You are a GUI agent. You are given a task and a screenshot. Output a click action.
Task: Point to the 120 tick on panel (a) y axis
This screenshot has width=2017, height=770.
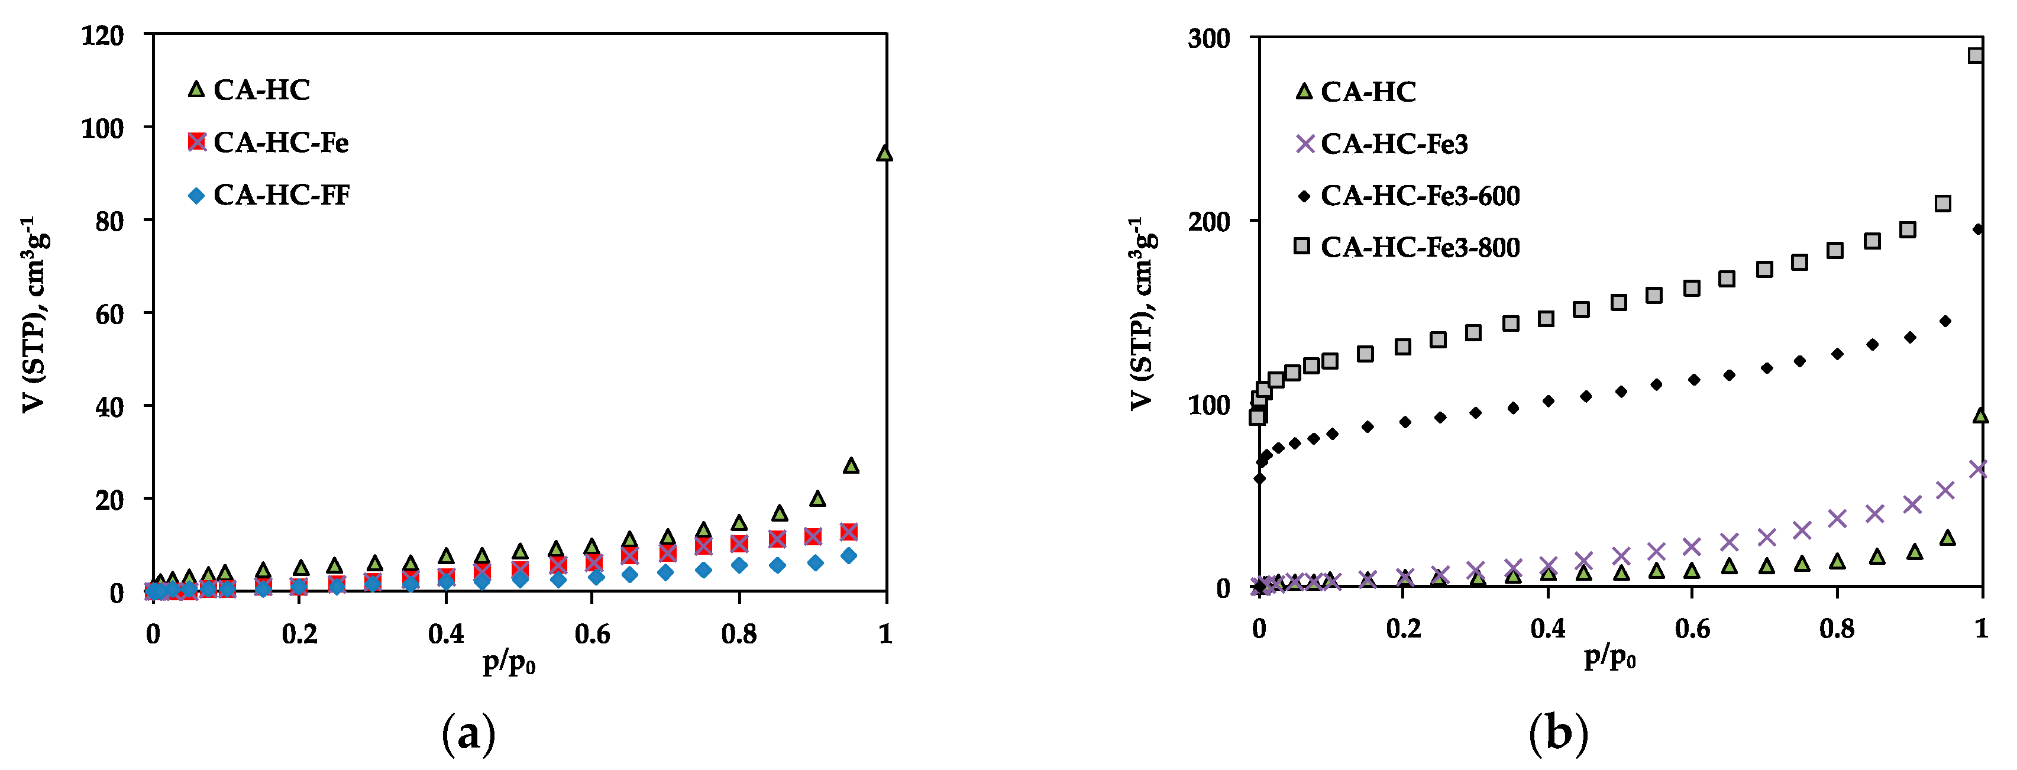[x=102, y=35]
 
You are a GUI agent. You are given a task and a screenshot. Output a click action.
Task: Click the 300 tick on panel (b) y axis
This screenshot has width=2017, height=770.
[x=1209, y=38]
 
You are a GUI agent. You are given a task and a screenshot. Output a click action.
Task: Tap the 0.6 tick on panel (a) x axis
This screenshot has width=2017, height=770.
[x=592, y=634]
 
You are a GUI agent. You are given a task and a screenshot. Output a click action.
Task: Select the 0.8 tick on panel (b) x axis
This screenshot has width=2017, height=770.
[x=1837, y=629]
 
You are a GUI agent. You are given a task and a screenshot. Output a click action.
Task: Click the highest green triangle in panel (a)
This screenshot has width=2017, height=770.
[x=884, y=153]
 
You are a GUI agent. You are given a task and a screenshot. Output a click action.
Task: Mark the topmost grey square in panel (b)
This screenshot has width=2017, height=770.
[x=1976, y=56]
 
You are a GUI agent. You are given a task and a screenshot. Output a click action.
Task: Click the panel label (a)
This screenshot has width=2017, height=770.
[x=469, y=734]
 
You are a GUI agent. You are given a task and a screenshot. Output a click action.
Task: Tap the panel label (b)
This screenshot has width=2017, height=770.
[x=1558, y=734]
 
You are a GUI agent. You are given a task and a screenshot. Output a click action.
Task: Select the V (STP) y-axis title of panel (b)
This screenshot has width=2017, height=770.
[x=1142, y=313]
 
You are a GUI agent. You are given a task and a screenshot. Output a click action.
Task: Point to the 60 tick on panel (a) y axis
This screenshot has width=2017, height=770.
[x=109, y=314]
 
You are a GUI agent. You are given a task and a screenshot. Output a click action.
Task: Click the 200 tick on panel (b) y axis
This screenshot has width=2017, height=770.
[x=1209, y=221]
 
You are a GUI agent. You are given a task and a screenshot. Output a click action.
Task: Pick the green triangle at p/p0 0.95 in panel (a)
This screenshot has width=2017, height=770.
[x=851, y=465]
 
